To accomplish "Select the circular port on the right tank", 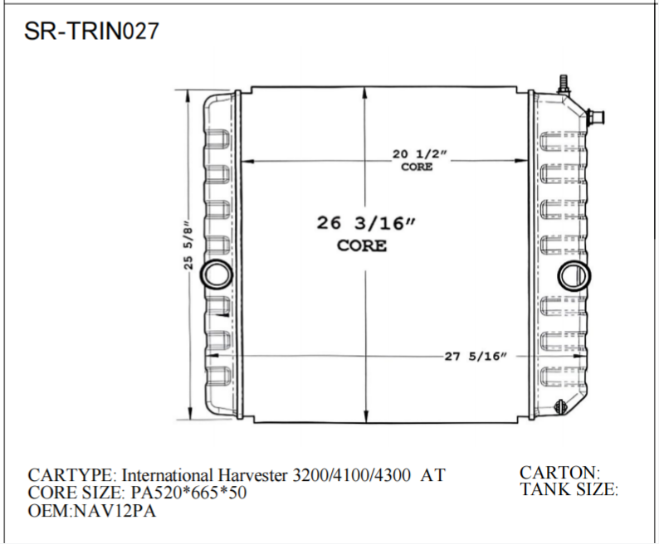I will pyautogui.click(x=572, y=274).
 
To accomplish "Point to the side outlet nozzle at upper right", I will pyautogui.click(x=595, y=117).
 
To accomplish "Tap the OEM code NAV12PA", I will pyautogui.click(x=114, y=511).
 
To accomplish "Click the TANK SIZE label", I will pyautogui.click(x=569, y=489).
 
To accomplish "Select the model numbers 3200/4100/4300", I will pyautogui.click(x=352, y=476).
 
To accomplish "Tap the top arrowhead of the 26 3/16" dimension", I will pyautogui.click(x=366, y=90).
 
